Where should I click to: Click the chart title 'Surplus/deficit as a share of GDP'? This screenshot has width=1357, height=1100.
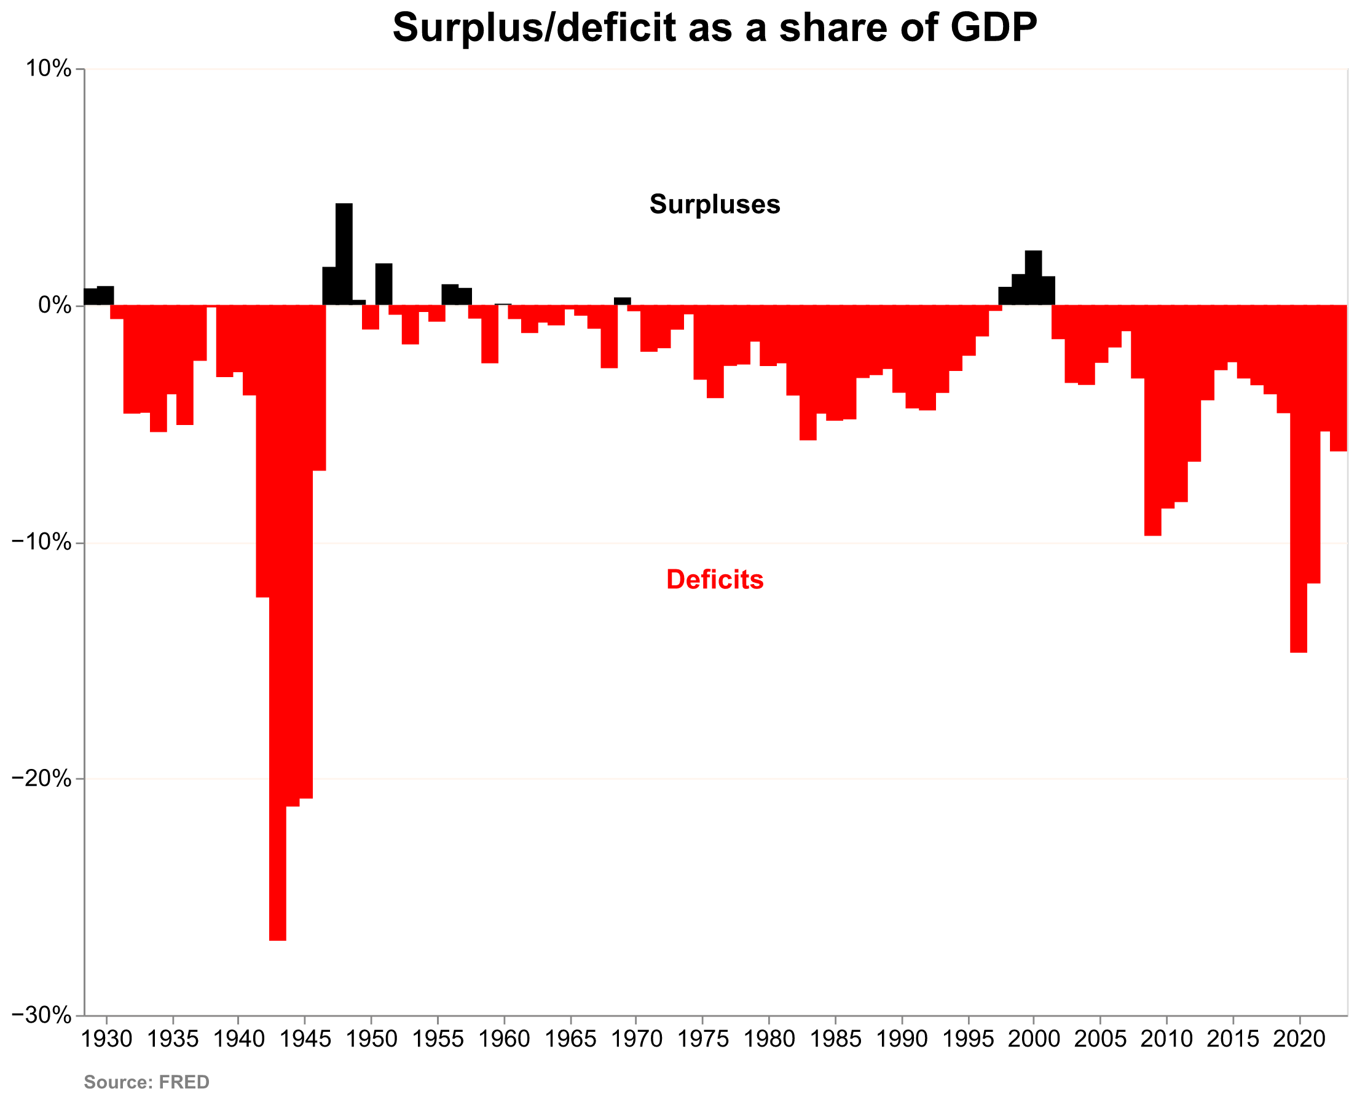pyautogui.click(x=714, y=28)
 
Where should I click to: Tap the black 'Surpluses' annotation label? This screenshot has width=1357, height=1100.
pyautogui.click(x=714, y=204)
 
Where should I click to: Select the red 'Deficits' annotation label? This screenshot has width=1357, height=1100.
pyautogui.click(x=715, y=579)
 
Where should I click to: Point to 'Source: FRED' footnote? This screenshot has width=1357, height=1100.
pyautogui.click(x=146, y=1082)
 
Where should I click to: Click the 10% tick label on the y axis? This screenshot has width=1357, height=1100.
pyautogui.click(x=48, y=68)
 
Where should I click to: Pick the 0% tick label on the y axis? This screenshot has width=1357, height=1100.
pyautogui.click(x=55, y=305)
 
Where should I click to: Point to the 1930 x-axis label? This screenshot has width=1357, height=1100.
pyautogui.click(x=106, y=1039)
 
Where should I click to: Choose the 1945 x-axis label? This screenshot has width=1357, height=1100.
pyautogui.click(x=305, y=1039)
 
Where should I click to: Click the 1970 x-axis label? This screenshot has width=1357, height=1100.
pyautogui.click(x=637, y=1039)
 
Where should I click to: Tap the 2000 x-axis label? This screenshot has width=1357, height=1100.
pyautogui.click(x=1034, y=1039)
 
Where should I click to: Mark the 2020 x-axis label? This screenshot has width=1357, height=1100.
pyautogui.click(x=1299, y=1039)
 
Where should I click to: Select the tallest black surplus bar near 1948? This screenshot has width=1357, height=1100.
pyautogui.click(x=344, y=254)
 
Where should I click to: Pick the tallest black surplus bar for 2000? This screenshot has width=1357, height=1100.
pyautogui.click(x=1034, y=278)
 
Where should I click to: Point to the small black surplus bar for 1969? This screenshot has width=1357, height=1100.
pyautogui.click(x=623, y=301)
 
